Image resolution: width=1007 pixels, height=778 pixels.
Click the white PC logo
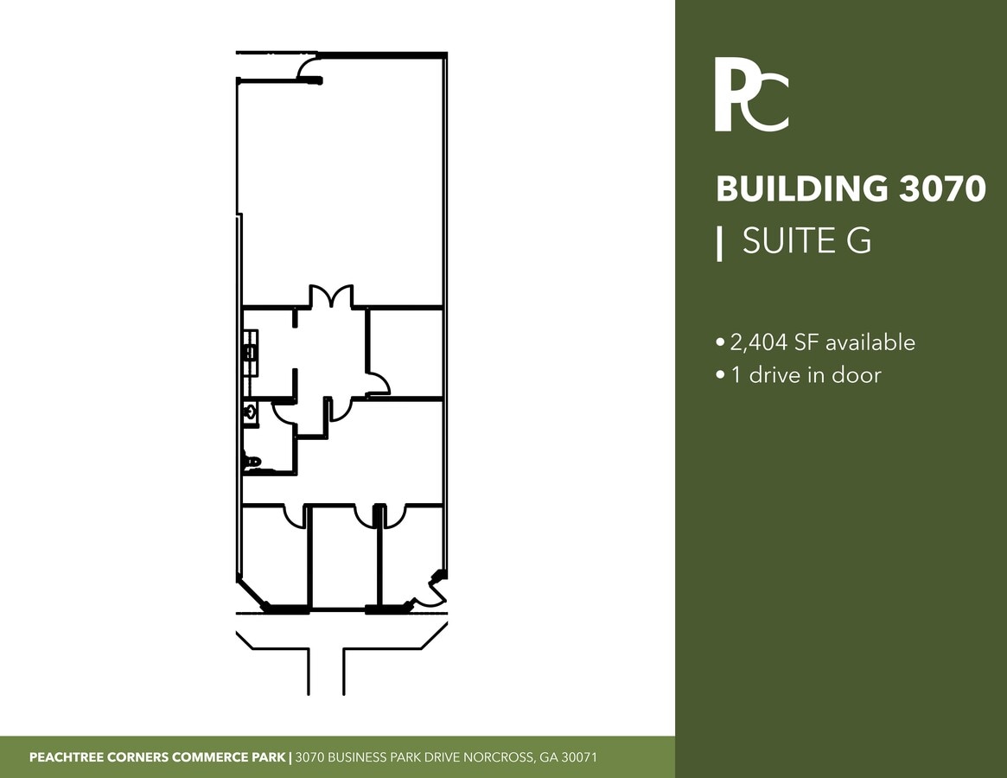click(751, 94)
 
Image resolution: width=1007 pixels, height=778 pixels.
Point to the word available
click(870, 342)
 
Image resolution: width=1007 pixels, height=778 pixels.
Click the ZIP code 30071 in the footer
click(579, 757)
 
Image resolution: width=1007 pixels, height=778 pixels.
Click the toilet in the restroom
click(252, 462)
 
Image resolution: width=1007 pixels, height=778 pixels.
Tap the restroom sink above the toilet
click(251, 411)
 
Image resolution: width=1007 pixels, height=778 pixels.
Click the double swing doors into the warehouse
click(331, 297)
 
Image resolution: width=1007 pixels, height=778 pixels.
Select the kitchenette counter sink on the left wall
click(252, 352)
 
